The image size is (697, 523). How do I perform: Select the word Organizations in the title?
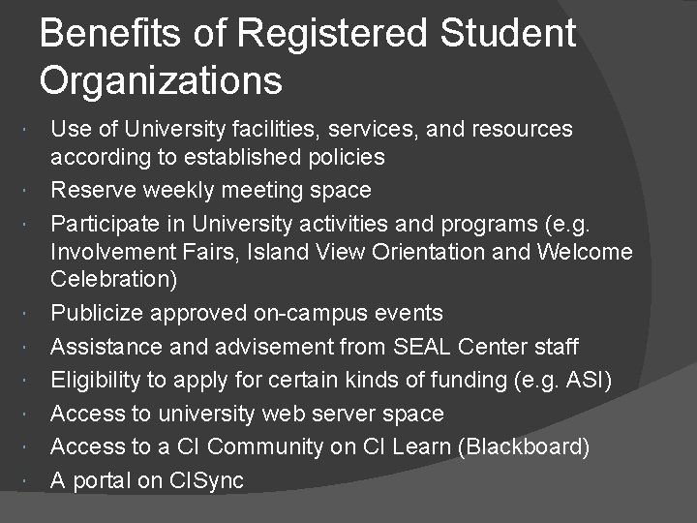pyautogui.click(x=162, y=80)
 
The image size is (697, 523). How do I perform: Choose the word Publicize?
pyautogui.click(x=97, y=314)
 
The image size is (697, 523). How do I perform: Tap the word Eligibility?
pyautogui.click(x=98, y=381)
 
